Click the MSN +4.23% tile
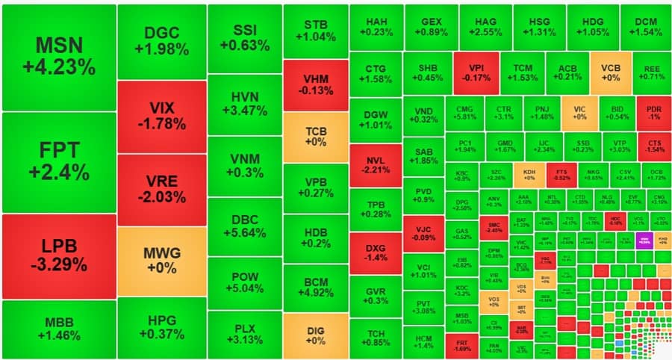click(59, 57)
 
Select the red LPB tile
click(59, 255)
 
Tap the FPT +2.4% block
click(59, 161)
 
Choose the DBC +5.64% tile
click(244, 226)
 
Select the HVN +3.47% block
click(244, 105)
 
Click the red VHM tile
click(315, 84)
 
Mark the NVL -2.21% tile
click(376, 164)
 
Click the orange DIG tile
click(315, 335)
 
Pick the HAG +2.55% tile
click(484, 27)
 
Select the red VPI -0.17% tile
click(475, 71)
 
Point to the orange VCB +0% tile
click(610, 71)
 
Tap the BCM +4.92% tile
click(315, 288)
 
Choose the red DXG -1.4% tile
click(376, 252)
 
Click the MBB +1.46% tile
click(59, 329)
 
